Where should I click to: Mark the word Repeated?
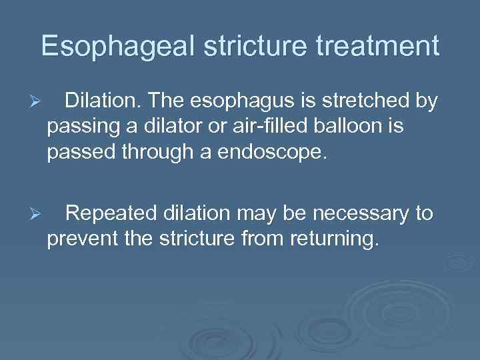113,214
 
